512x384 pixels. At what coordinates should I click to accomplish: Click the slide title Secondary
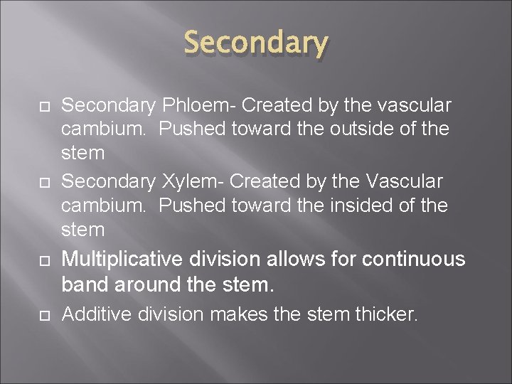pyautogui.click(x=256, y=44)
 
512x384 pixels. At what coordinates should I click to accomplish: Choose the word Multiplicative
pyautogui.click(x=123, y=259)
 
